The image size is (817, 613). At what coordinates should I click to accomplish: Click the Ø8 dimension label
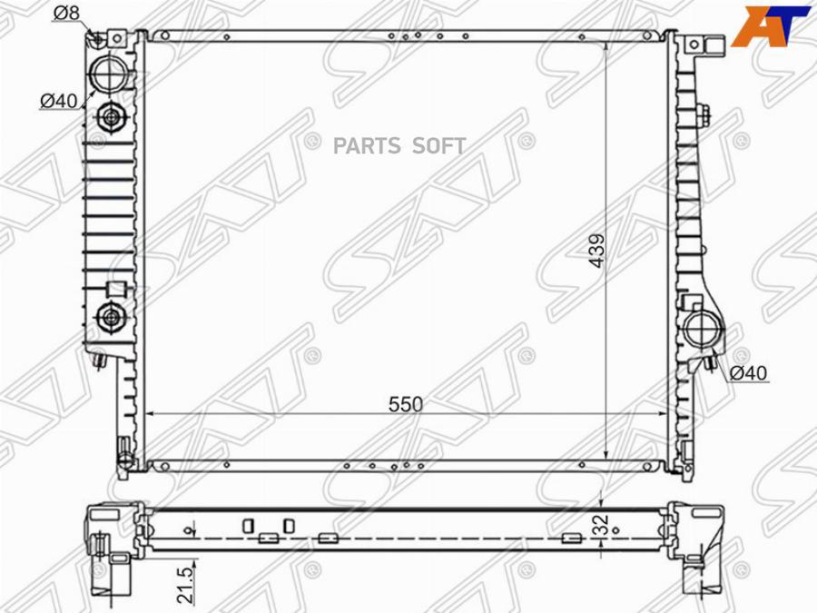66,13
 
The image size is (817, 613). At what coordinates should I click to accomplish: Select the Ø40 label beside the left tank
58,102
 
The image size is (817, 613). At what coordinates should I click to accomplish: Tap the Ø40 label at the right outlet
750,373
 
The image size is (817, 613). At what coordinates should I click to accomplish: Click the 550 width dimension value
406,404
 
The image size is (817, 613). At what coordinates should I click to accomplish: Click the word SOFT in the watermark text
440,146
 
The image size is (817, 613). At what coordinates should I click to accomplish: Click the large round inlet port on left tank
113,72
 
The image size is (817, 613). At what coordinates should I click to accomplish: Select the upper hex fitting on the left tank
111,117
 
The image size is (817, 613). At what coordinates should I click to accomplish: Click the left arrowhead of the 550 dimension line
151,414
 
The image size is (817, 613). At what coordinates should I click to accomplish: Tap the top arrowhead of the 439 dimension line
606,45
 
